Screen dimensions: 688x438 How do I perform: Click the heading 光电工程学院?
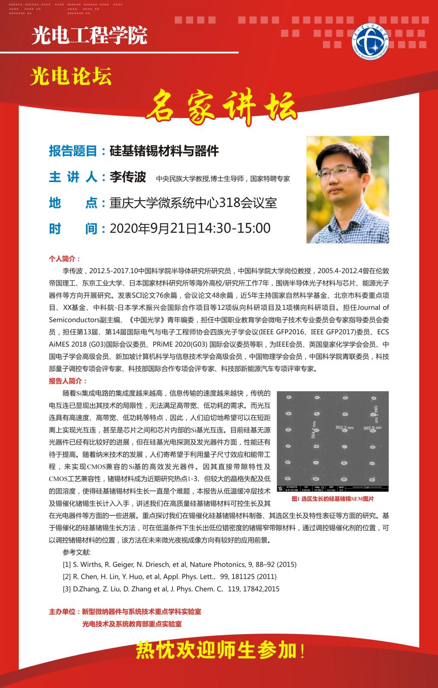click(89, 36)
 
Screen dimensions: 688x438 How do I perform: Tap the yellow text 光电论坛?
click(71, 77)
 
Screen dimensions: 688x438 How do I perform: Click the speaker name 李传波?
click(128, 177)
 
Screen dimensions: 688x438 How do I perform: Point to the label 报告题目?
click(74, 151)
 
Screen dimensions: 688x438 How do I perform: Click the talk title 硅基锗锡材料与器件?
click(164, 151)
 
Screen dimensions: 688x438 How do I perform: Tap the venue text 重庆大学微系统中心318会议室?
click(193, 203)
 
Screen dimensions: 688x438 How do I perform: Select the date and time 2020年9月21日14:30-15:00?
click(190, 228)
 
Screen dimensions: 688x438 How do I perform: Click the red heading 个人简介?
click(65, 259)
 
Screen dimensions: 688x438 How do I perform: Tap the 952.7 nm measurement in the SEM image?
click(344, 428)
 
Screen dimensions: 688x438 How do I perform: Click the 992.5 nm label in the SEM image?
click(372, 428)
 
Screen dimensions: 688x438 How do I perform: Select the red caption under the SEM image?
click(332, 499)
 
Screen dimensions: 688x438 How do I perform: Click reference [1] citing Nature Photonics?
click(179, 564)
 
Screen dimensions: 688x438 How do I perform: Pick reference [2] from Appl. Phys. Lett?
click(169, 576)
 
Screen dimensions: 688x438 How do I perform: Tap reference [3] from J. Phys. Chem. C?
click(171, 589)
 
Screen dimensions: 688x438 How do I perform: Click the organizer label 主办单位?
click(64, 612)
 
